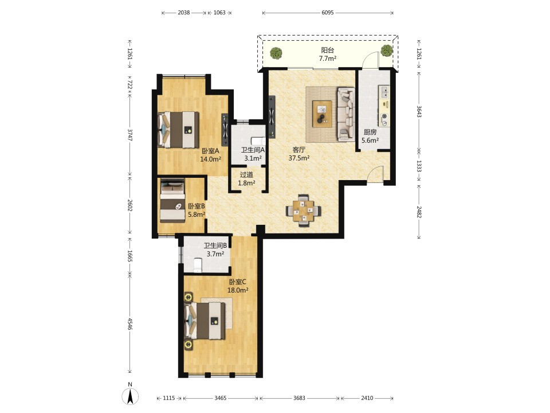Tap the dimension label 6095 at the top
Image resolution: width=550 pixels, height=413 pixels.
[x=328, y=13]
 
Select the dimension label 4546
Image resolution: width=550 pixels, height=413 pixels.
[x=130, y=324]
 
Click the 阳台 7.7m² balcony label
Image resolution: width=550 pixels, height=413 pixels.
[x=328, y=54]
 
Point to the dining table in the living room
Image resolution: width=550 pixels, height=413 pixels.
[x=304, y=211]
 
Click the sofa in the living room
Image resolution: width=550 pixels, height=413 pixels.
[x=346, y=114]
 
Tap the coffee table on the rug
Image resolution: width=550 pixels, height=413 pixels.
[x=323, y=112]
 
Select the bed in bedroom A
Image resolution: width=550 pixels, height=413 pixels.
[x=178, y=130]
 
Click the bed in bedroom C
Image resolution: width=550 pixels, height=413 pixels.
[x=205, y=321]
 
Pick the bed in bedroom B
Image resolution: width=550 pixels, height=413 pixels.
[x=172, y=201]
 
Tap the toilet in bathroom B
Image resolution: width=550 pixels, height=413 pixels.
[x=198, y=265]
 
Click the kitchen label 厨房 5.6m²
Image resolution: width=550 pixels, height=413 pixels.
[x=370, y=137]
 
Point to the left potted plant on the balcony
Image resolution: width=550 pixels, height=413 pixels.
[x=276, y=53]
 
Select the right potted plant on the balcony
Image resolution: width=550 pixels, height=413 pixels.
[x=387, y=50]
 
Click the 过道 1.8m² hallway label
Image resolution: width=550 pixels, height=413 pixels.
[x=246, y=179]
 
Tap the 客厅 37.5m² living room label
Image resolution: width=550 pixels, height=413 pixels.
[x=299, y=154]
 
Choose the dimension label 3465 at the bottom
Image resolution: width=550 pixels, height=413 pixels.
[x=220, y=398]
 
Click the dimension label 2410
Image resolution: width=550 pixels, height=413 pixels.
[x=367, y=398]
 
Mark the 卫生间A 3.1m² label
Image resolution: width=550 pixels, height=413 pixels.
[x=253, y=154]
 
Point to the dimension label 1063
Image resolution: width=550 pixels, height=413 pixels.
[x=219, y=13]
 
